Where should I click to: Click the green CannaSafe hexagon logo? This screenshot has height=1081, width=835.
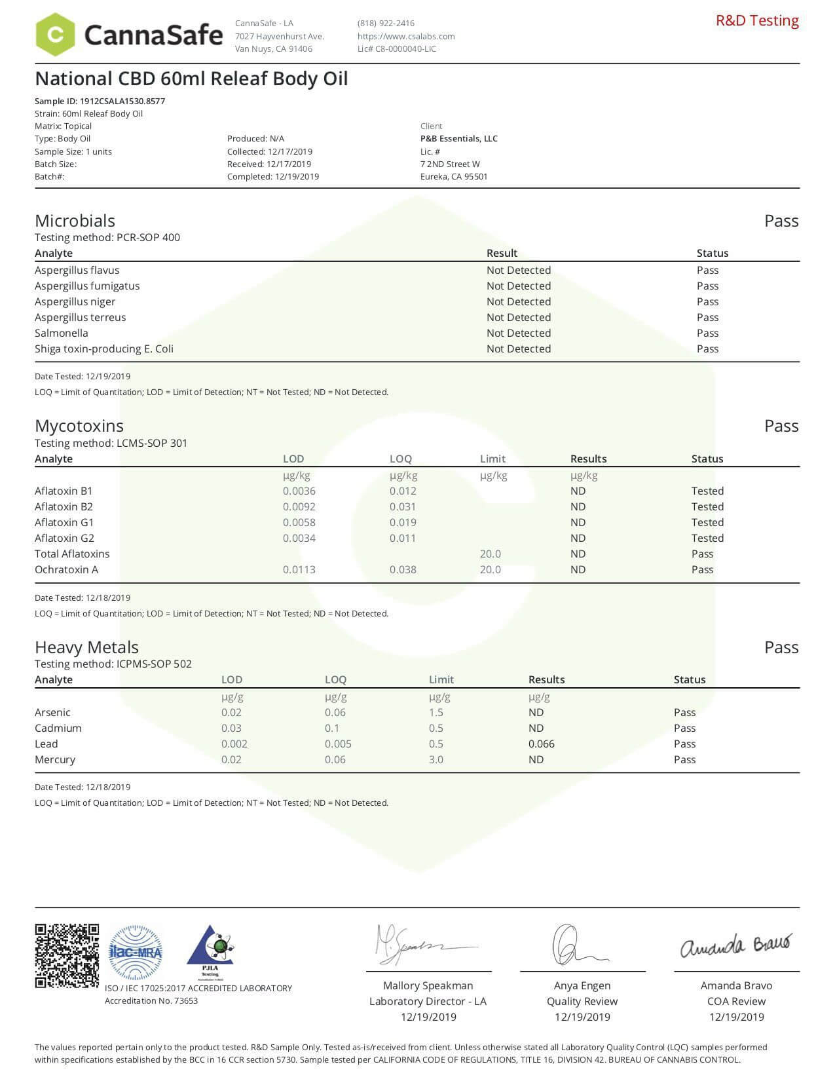pyautogui.click(x=55, y=34)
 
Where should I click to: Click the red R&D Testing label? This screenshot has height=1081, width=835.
pyautogui.click(x=757, y=20)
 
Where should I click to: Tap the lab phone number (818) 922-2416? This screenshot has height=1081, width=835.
pyautogui.click(x=386, y=23)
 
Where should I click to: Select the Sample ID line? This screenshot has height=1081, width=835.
pyautogui.click(x=100, y=101)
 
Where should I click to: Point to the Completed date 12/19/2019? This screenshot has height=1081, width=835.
pyautogui.click(x=273, y=176)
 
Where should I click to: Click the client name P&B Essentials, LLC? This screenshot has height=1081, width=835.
pyautogui.click(x=458, y=138)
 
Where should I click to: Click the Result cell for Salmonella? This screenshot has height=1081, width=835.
pyautogui.click(x=518, y=333)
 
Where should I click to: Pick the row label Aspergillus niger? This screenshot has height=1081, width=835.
pyautogui.click(x=75, y=301)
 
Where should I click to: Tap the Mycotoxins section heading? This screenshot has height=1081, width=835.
pyautogui.click(x=79, y=426)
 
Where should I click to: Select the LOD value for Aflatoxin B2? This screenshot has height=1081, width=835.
pyautogui.click(x=299, y=506)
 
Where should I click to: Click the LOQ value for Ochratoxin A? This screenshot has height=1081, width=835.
pyautogui.click(x=403, y=569)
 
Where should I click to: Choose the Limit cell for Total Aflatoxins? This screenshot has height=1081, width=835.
pyautogui.click(x=490, y=554)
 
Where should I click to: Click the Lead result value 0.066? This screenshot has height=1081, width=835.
pyautogui.click(x=541, y=744)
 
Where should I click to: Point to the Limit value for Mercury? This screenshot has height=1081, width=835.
pyautogui.click(x=436, y=759)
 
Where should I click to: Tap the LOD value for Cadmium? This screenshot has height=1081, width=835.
pyautogui.click(x=231, y=728)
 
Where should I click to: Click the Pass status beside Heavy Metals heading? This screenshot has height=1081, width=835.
pyautogui.click(x=781, y=647)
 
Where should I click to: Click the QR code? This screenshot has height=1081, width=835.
pyautogui.click(x=67, y=955)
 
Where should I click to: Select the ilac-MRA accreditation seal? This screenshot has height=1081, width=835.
pyautogui.click(x=135, y=953)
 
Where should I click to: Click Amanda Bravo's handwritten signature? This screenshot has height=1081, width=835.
pyautogui.click(x=735, y=945)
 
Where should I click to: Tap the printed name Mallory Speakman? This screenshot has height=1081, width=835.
pyautogui.click(x=428, y=985)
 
